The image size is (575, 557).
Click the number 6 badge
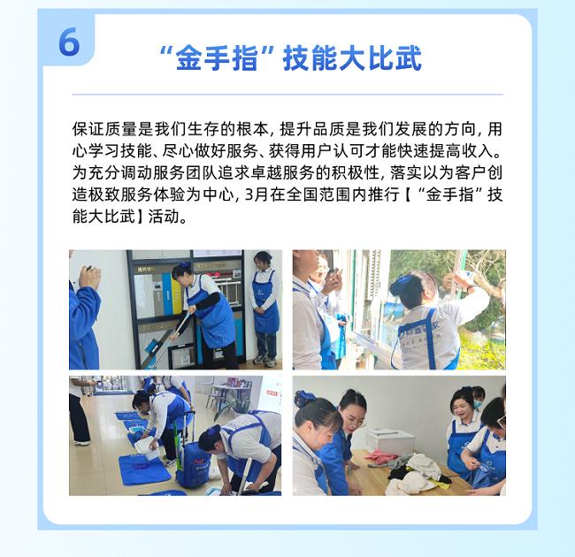click(69, 41)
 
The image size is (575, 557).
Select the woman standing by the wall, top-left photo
click(264, 305)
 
